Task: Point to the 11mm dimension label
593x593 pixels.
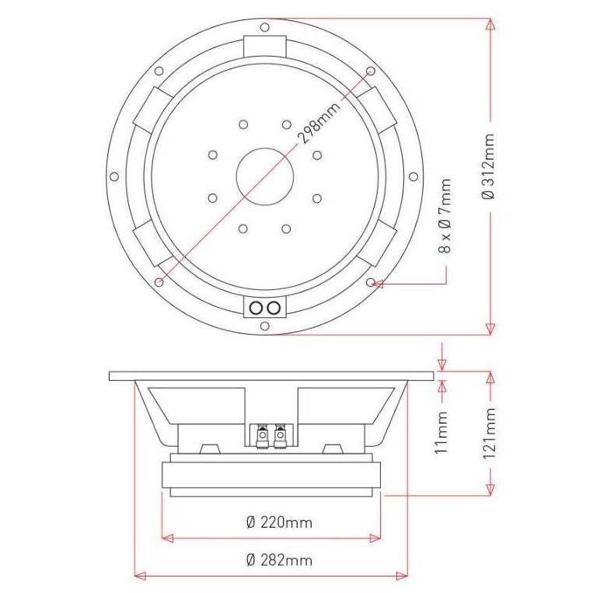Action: [x=441, y=432]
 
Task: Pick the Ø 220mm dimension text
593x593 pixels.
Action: [x=278, y=522]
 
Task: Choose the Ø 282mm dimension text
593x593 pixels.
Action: [x=278, y=560]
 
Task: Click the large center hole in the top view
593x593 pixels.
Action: [x=264, y=176]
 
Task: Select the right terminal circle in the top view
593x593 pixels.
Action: [x=273, y=309]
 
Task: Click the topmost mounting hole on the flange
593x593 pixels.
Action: [x=265, y=27]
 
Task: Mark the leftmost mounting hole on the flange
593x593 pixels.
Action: [x=115, y=177]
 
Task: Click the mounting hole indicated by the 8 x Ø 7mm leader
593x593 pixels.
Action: [x=371, y=282]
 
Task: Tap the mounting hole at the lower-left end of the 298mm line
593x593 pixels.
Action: [x=159, y=281]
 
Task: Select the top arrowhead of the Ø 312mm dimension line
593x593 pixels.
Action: [x=490, y=23]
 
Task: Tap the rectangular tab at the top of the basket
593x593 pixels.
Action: [x=265, y=45]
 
